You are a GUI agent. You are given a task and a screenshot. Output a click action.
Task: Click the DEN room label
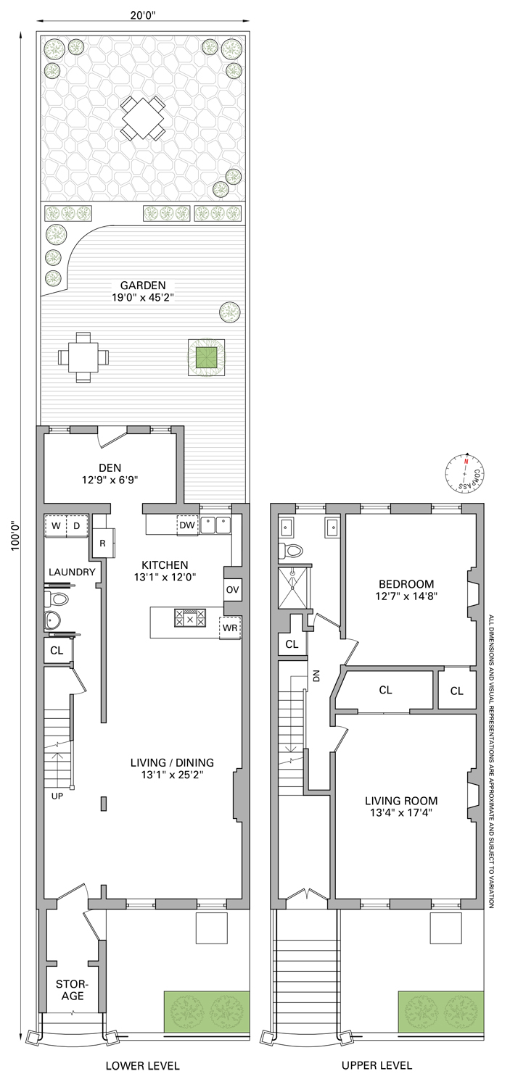point(110,468)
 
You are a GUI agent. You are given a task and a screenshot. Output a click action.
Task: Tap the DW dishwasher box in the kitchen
point(187,525)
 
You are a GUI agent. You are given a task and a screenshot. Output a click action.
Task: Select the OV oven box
point(233,590)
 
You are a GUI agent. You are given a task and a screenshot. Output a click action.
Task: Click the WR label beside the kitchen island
point(230,628)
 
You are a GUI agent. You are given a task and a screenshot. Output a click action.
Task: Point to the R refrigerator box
point(103,543)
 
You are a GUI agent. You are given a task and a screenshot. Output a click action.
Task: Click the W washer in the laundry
point(56,525)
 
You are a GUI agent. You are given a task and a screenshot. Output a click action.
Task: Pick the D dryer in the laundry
point(77,525)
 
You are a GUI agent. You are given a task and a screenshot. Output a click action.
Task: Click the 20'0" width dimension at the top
point(143,14)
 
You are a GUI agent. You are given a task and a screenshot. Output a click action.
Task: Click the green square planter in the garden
point(207,357)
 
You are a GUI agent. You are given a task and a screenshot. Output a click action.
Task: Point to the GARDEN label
point(143,286)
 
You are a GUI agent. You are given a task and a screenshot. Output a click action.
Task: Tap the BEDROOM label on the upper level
point(406,584)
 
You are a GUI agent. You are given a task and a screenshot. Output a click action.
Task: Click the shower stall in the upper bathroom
point(293,586)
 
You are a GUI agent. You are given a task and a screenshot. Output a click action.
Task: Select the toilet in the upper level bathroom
point(290,550)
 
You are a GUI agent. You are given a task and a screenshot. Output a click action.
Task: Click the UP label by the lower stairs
point(57,796)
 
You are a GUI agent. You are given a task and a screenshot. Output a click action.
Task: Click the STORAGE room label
point(73,990)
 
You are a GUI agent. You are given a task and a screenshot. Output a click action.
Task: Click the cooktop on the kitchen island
point(190,617)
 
